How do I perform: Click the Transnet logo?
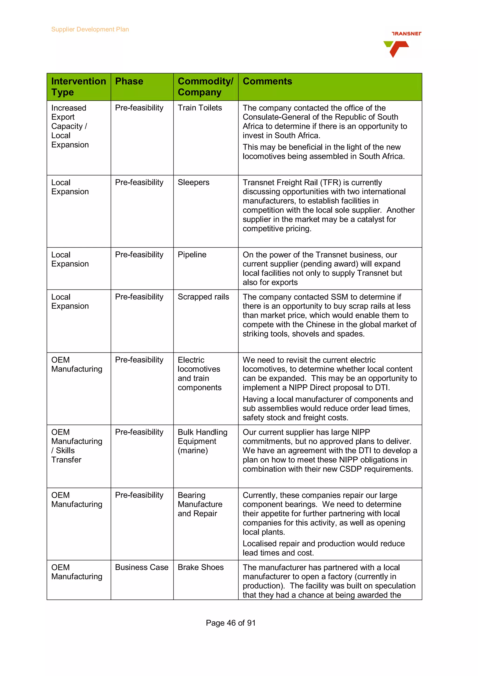pyautogui.click(x=402, y=44)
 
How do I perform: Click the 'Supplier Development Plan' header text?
pyautogui.click(x=90, y=29)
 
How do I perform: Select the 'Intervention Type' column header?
pyautogui.click(x=78, y=87)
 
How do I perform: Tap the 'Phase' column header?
pyautogui.click(x=129, y=81)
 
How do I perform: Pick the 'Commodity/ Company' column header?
pyautogui.click(x=205, y=87)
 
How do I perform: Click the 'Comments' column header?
pyautogui.click(x=267, y=81)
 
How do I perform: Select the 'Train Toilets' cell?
pyautogui.click(x=200, y=108)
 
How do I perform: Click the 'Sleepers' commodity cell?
pyautogui.click(x=193, y=182)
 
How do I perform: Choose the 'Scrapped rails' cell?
pyautogui.click(x=203, y=297)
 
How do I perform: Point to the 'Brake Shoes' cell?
pyautogui.click(x=200, y=567)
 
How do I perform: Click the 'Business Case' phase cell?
pyautogui.click(x=142, y=567)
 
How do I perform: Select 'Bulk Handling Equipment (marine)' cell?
pyautogui.click(x=202, y=441)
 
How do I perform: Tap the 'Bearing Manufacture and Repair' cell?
pyautogui.click(x=200, y=504)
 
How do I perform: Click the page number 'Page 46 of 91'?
pyautogui.click(x=231, y=623)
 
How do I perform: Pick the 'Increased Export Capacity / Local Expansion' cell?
pyautogui.click(x=70, y=126)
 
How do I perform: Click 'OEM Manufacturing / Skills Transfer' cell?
pyautogui.click(x=77, y=446)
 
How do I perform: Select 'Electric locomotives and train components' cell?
pyautogui.click(x=199, y=374)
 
